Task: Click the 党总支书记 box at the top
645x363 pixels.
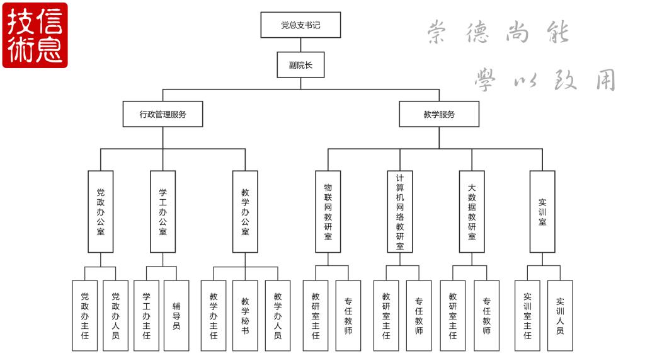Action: [x=300, y=25]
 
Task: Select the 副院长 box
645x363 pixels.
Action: [x=300, y=64]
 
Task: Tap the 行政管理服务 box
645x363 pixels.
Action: [x=163, y=114]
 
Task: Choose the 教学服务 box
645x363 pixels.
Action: [x=439, y=114]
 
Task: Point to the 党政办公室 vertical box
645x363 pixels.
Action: [x=101, y=212]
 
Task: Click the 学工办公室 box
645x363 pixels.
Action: [x=163, y=212]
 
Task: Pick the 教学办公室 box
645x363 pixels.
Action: [x=245, y=212]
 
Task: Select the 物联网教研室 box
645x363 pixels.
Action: [x=328, y=212]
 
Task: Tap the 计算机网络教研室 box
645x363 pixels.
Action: [x=400, y=212]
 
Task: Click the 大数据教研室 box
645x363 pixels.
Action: [x=472, y=212]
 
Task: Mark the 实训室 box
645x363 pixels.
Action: [x=542, y=212]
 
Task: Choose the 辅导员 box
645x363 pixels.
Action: [x=176, y=315]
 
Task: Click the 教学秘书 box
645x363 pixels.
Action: [x=245, y=315]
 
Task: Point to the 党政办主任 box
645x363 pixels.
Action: [x=85, y=315]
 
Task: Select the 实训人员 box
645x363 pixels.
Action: [x=560, y=315]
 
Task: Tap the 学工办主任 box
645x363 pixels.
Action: [x=146, y=315]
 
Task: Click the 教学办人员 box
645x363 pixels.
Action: [x=278, y=315]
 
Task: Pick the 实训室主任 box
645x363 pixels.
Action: [x=528, y=315]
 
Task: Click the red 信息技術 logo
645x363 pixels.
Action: [x=35, y=35]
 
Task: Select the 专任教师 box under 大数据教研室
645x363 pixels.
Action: [x=486, y=315]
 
